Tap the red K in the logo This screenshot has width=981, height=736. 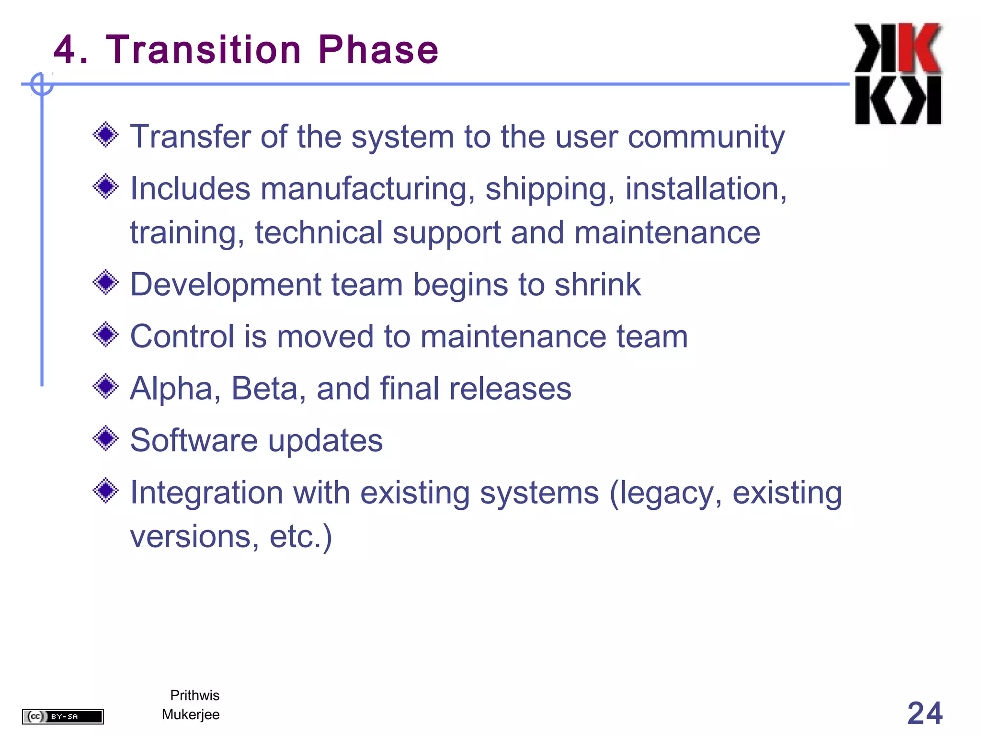pos(919,48)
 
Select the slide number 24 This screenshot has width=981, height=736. pos(924,713)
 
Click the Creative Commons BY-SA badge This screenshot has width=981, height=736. pos(63,716)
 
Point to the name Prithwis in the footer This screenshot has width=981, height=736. pos(194,695)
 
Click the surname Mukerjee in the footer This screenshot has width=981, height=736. pos(191,714)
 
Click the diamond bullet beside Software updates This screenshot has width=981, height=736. pos(105,438)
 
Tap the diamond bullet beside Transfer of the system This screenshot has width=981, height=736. pos(105,135)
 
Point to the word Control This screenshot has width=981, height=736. pos(182,336)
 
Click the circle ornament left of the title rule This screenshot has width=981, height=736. pos(42,84)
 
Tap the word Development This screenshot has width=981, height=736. pos(225,285)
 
